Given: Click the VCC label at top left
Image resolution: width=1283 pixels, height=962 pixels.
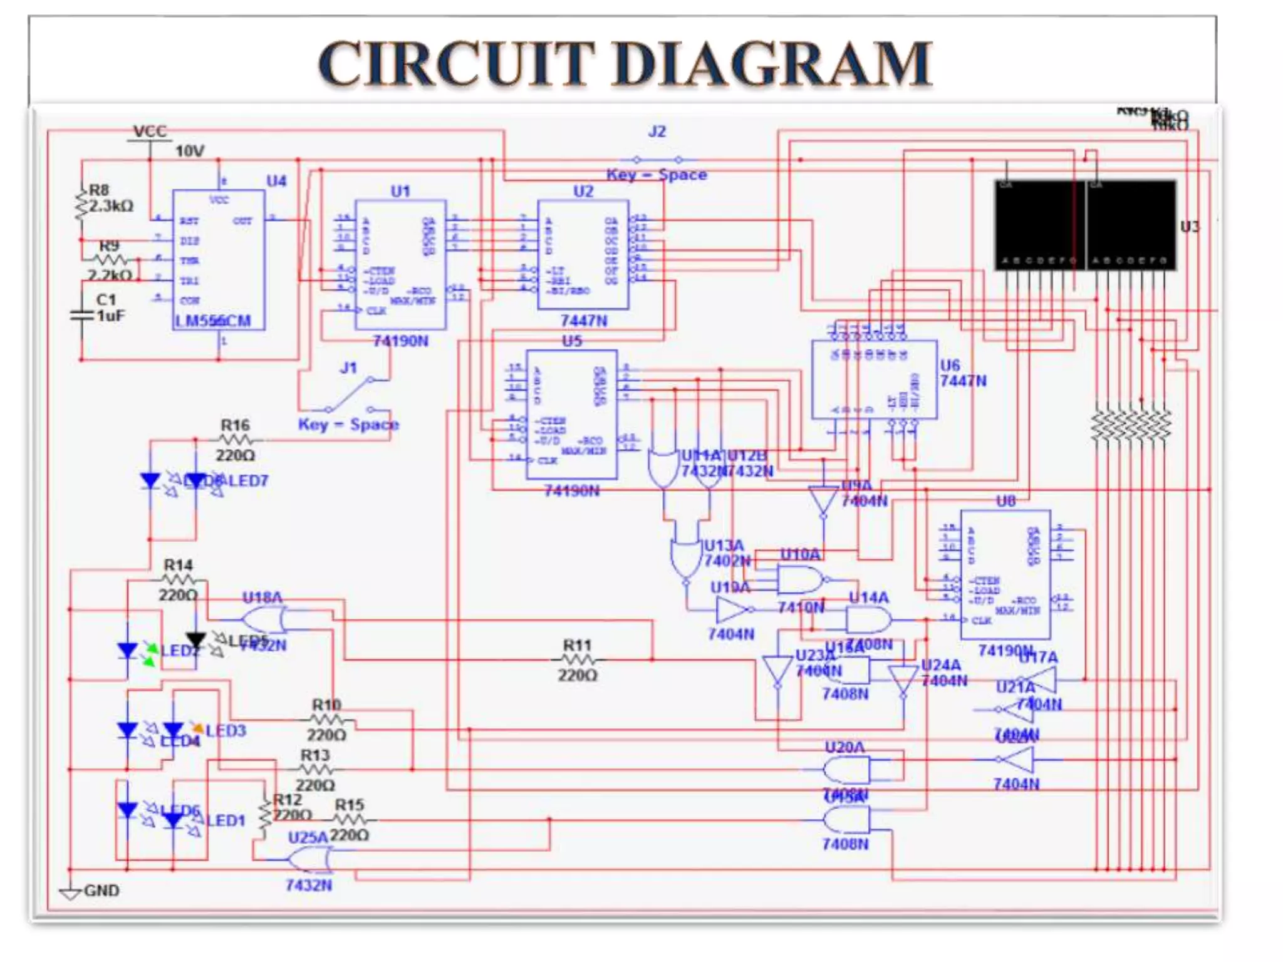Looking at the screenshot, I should [150, 131].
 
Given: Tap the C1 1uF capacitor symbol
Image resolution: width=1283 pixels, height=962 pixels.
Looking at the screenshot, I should [81, 315].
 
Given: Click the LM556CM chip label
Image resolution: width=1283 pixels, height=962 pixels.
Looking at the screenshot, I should [212, 321].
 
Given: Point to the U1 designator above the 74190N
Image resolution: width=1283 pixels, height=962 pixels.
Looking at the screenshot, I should [400, 191].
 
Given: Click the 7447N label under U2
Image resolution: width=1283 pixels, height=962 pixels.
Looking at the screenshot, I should [583, 321].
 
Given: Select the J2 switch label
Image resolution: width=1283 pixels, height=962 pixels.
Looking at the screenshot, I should [657, 132].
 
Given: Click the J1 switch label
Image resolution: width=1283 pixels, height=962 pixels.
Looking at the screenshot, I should [348, 368].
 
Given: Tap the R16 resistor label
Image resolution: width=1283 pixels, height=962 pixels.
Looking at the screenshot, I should [235, 425].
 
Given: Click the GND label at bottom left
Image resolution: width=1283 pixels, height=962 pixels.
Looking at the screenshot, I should [101, 890].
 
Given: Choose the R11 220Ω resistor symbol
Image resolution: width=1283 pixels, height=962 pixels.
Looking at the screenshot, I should [577, 659].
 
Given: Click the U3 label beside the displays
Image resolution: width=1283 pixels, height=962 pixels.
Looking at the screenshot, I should [1189, 227].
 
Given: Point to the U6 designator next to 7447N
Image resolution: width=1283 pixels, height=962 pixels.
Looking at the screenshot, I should [950, 365].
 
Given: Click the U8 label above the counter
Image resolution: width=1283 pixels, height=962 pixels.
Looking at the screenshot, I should [1005, 501].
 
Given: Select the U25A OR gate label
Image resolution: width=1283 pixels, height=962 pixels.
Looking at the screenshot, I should [308, 837].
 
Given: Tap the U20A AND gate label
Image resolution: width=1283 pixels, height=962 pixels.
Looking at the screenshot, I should [844, 747].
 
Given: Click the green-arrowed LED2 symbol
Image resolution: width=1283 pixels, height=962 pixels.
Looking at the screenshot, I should [128, 651].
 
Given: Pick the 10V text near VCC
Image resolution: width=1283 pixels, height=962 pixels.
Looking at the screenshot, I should [189, 151].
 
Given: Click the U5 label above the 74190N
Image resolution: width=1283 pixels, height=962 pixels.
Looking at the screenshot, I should [571, 341].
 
